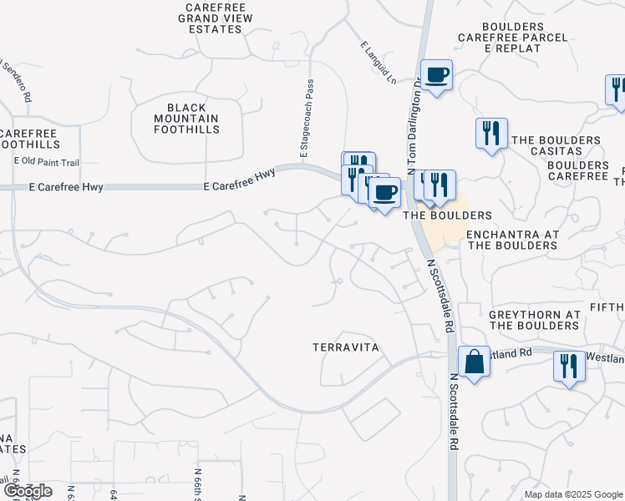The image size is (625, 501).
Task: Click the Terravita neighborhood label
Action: (x=346, y=347)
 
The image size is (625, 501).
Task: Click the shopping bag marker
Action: (x=474, y=362)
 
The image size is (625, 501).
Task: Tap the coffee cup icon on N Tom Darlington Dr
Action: (x=436, y=76)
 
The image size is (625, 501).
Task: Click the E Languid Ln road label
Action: (x=379, y=63)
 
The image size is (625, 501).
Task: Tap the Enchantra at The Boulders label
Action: (x=512, y=240)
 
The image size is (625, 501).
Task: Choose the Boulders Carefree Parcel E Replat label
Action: (x=513, y=43)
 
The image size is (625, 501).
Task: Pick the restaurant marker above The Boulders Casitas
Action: (x=490, y=134)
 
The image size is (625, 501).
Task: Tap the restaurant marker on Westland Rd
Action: (x=569, y=366)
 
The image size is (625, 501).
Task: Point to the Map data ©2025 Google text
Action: (x=572, y=494)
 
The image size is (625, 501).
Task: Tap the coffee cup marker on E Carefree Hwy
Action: (x=384, y=193)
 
